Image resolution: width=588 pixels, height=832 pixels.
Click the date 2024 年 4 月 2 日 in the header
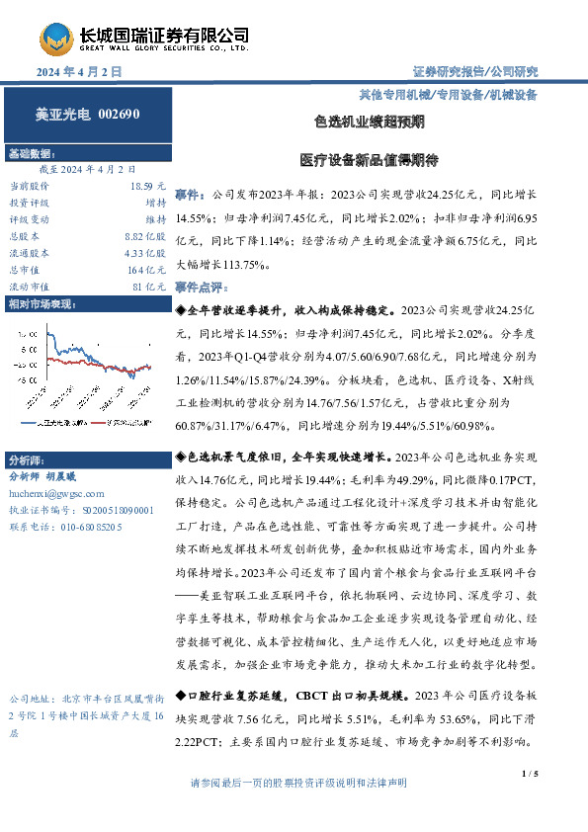(78, 72)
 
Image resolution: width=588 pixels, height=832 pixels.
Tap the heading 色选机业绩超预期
(369, 123)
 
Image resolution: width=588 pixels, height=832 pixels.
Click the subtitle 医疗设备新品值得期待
(369, 158)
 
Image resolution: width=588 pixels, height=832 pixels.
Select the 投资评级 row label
(27, 203)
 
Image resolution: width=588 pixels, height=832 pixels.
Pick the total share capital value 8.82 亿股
(144, 236)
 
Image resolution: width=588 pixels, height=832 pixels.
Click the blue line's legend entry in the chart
(47, 421)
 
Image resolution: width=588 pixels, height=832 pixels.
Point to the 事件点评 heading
(201, 285)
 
